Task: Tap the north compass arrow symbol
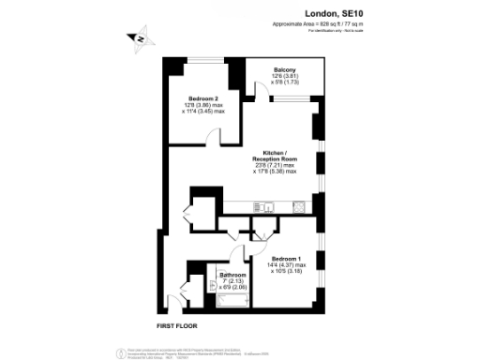[x=139, y=38]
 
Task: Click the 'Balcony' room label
[x=285, y=70]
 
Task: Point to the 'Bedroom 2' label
[x=202, y=98]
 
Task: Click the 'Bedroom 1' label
[x=286, y=258]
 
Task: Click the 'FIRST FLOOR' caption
[x=179, y=324]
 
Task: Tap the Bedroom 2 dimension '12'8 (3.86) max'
[x=202, y=105]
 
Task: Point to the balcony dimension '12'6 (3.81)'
[x=285, y=77]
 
